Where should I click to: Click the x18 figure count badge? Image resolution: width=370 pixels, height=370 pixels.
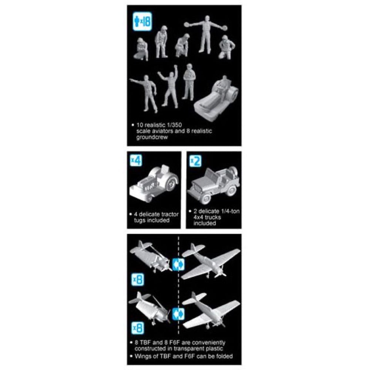pos(142,22)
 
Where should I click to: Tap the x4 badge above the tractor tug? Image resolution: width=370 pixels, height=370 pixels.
pos(136,161)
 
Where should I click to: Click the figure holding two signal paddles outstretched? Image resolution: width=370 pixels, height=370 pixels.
pos(205,34)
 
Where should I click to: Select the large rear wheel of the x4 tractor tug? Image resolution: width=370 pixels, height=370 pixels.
pos(172,183)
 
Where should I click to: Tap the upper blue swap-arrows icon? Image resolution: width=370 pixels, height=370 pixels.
pos(178,265)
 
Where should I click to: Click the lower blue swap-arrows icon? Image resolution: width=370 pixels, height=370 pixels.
pos(178,314)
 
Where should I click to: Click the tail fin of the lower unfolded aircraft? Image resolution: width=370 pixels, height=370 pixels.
pos(194,295)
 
